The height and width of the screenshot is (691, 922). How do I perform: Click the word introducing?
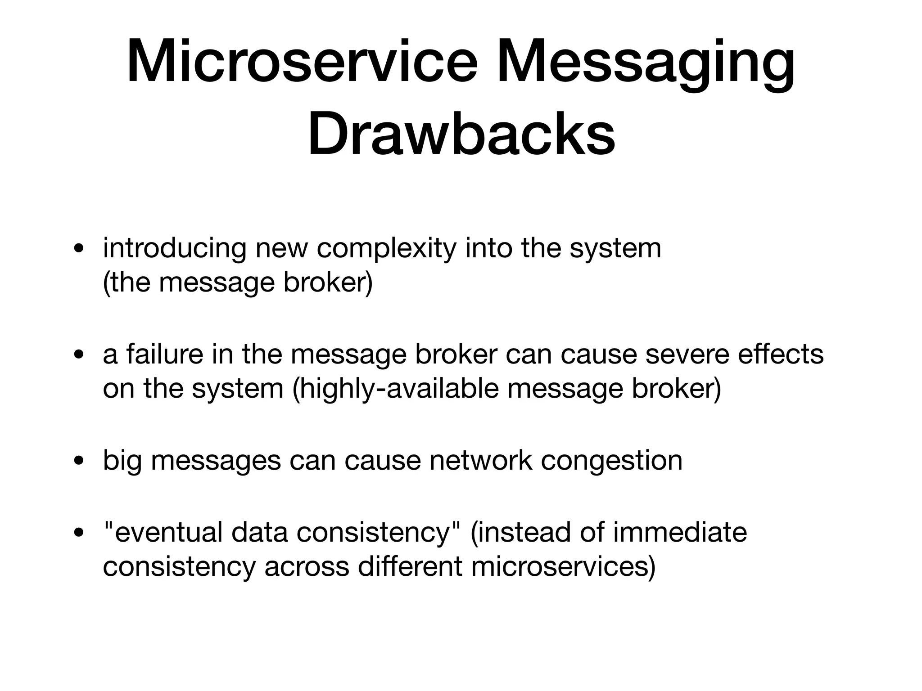(175, 249)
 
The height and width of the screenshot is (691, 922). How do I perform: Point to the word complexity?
(386, 249)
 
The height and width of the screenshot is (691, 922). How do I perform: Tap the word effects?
(781, 354)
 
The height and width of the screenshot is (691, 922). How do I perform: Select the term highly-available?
(398, 389)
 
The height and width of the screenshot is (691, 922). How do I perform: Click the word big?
(122, 461)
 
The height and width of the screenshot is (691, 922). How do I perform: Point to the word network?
(481, 461)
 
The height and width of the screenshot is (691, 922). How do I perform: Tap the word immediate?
(680, 532)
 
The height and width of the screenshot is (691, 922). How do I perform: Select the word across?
(307, 567)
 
